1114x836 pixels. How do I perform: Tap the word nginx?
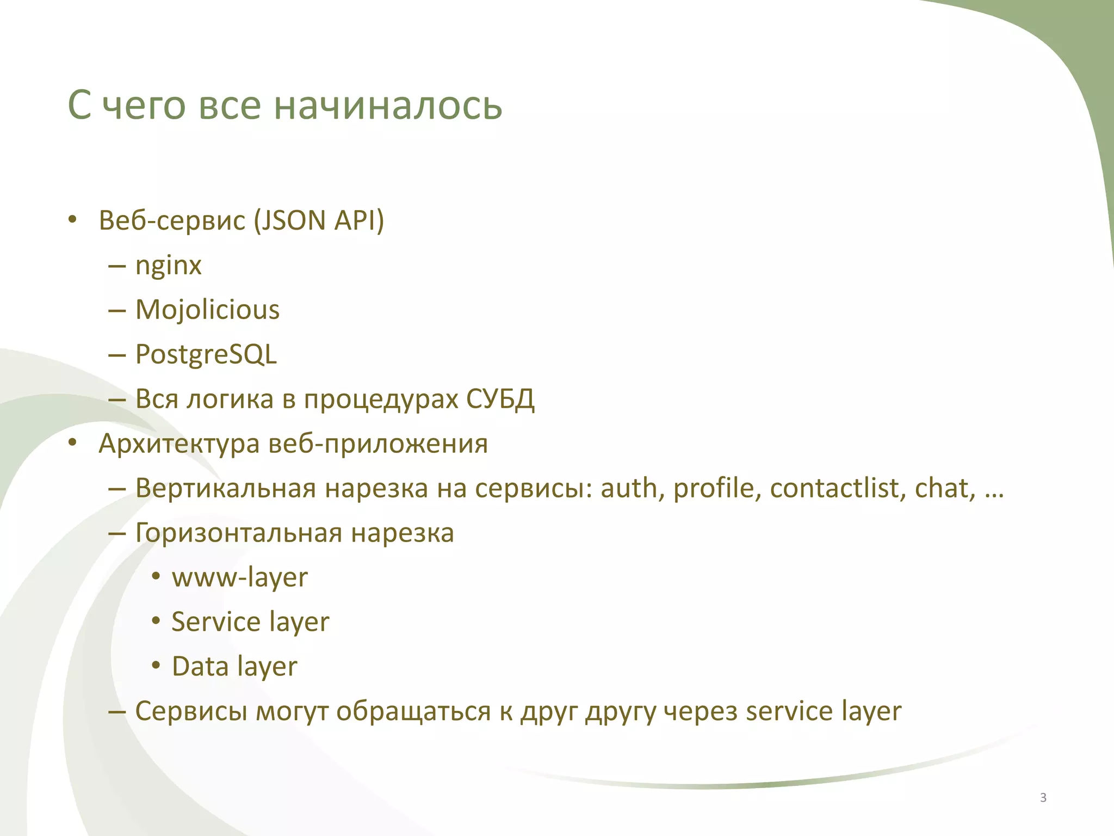point(168,266)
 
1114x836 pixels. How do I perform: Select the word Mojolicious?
point(207,310)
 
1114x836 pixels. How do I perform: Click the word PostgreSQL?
point(206,354)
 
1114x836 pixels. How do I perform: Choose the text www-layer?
point(240,577)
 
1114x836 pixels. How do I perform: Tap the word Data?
point(200,667)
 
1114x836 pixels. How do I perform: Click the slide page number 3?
point(1043,798)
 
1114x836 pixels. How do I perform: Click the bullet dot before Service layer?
point(156,621)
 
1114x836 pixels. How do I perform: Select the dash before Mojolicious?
point(117,310)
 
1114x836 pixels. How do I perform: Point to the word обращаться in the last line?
point(413,711)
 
